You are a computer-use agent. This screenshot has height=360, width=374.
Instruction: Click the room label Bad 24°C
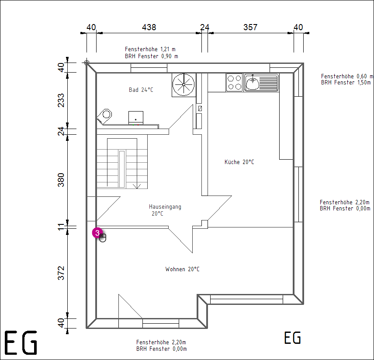coord(141,90)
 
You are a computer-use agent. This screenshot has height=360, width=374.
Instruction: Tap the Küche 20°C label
coord(239,162)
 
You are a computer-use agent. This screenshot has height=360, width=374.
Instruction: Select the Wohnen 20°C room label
coord(183,269)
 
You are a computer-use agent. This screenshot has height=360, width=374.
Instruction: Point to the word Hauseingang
coord(165,207)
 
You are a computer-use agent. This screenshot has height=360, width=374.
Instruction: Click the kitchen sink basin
coord(253,83)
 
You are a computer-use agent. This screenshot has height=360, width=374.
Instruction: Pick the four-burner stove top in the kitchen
coord(235,82)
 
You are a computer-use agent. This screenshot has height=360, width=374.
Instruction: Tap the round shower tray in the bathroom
coord(184,84)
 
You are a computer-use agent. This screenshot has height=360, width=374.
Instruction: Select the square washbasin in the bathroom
coord(136,118)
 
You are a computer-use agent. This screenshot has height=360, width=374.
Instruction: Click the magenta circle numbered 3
coord(97,233)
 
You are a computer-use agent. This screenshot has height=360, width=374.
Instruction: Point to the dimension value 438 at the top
coord(149,27)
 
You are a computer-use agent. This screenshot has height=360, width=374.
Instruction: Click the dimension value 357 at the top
coord(250,27)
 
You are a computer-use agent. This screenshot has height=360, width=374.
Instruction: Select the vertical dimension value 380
coord(61,180)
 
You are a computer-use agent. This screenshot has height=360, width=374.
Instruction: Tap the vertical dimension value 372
coord(61,273)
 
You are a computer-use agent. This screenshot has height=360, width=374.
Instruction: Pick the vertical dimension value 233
coord(61,100)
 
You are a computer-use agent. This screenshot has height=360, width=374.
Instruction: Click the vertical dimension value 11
coord(61,227)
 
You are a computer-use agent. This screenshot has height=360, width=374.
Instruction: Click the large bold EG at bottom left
coord(21,343)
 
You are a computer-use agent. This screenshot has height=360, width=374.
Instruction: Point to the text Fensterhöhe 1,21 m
coord(150,49)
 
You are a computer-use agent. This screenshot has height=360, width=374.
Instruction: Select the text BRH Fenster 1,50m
coord(346,83)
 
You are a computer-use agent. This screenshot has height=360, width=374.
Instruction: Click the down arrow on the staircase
coord(137,186)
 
